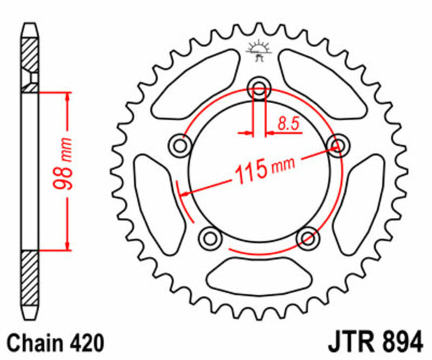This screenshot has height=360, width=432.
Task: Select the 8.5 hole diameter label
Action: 287,124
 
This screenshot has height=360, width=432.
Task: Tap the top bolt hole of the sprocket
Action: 258,89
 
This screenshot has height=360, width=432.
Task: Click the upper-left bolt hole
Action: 177,146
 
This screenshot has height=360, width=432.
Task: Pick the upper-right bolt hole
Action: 336,145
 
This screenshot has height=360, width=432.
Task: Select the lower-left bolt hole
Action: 208,237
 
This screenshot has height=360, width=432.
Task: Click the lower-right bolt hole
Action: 307,237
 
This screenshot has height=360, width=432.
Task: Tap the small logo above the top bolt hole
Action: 257,50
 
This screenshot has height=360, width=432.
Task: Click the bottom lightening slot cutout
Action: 257,277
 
